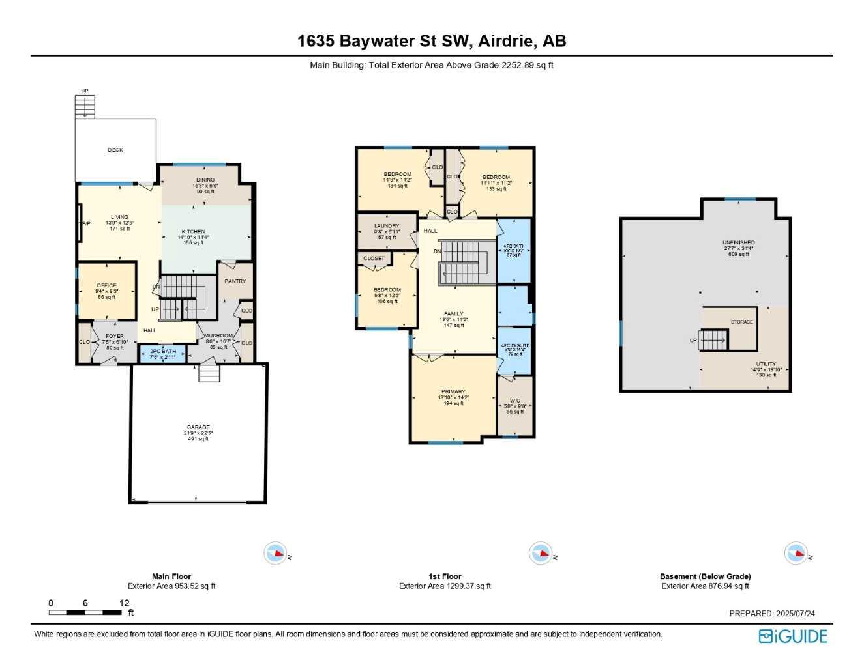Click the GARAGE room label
click(198, 427)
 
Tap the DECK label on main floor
click(115, 150)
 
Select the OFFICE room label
click(107, 285)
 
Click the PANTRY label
click(235, 281)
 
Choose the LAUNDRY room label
click(387, 226)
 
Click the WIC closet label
click(515, 401)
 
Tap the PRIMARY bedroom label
click(453, 392)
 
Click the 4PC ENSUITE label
click(515, 345)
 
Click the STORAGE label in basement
click(742, 322)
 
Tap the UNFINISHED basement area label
click(739, 242)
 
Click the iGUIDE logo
click(793, 636)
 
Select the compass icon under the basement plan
click(797, 554)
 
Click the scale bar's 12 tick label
click(124, 603)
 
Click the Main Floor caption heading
click(171, 576)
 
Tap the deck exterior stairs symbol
click(85, 106)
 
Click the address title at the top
click(432, 41)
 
